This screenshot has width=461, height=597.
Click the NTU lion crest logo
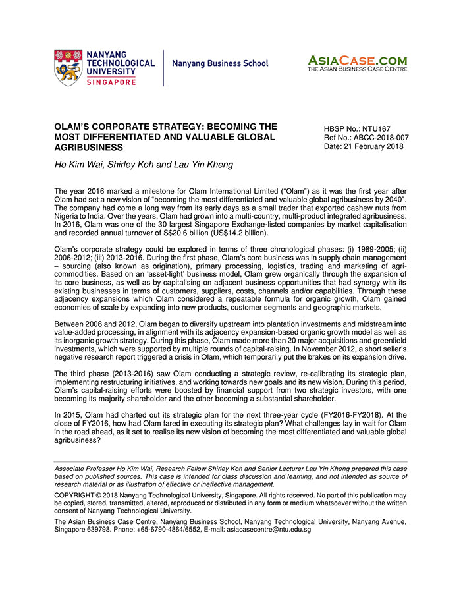(x=68, y=67)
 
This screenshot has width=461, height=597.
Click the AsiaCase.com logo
(x=357, y=63)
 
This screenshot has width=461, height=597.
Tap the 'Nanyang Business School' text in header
(x=220, y=64)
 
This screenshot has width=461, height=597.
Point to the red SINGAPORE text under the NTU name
(x=111, y=82)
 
